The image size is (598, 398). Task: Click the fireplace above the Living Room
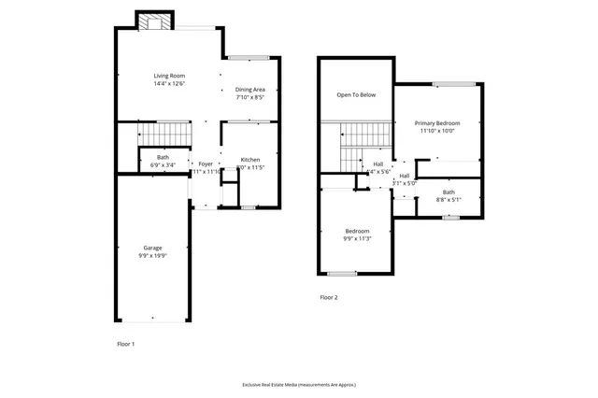point(156,21)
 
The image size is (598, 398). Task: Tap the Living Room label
point(169,76)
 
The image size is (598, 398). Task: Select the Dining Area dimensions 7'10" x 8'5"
point(249,97)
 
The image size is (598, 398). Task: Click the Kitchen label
point(249,160)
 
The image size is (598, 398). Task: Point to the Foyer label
point(206,163)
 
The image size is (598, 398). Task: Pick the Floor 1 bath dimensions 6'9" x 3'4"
point(163,165)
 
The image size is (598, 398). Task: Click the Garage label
point(152,248)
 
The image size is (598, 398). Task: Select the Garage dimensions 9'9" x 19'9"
point(152,256)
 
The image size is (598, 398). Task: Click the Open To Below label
point(356,94)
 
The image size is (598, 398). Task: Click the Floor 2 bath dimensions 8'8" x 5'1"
point(448,200)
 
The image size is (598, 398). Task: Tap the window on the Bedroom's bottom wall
point(342,273)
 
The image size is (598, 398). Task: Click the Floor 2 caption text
point(329,297)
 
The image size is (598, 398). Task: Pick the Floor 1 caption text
point(126,344)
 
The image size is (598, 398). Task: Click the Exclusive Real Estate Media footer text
point(299,384)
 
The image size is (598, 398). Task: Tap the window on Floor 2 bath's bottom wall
point(450,218)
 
